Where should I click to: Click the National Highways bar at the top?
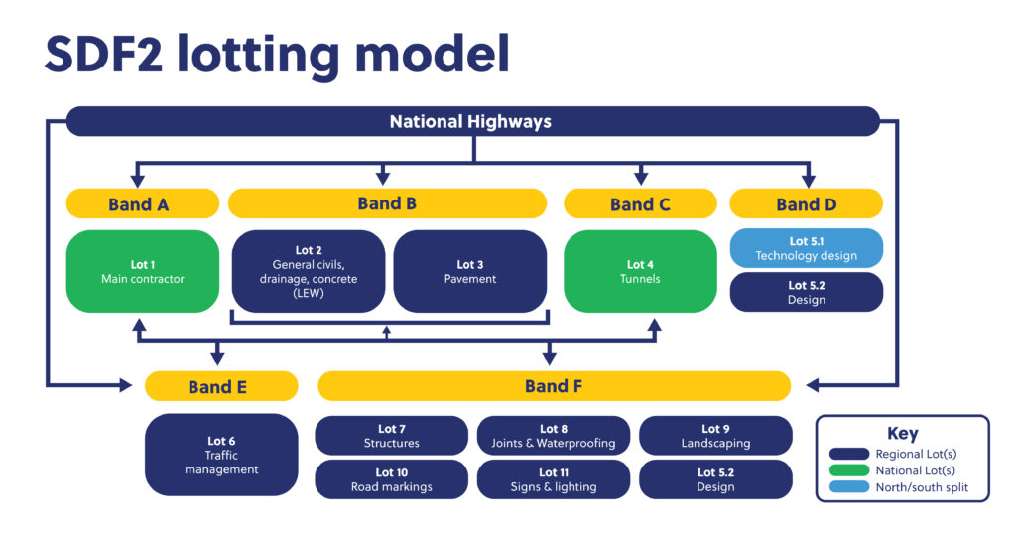tap(472, 122)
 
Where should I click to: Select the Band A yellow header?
tap(143, 204)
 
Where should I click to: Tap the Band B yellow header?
tap(387, 203)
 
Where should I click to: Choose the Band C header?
tap(640, 204)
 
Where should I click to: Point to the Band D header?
tap(806, 204)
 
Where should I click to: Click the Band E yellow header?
tap(221, 386)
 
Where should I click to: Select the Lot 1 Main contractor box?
tap(143, 271)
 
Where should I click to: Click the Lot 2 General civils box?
tap(309, 271)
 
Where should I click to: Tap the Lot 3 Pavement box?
tap(470, 271)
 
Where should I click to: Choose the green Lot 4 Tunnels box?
tap(640, 271)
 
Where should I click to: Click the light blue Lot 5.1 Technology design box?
tap(806, 248)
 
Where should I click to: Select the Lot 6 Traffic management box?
tap(221, 455)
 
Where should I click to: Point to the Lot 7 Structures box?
tap(391, 436)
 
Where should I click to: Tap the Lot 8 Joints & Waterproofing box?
tap(554, 436)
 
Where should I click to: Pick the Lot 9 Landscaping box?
tap(715, 436)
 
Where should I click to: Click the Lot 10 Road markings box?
tap(391, 479)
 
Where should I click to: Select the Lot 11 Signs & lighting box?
tap(554, 479)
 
